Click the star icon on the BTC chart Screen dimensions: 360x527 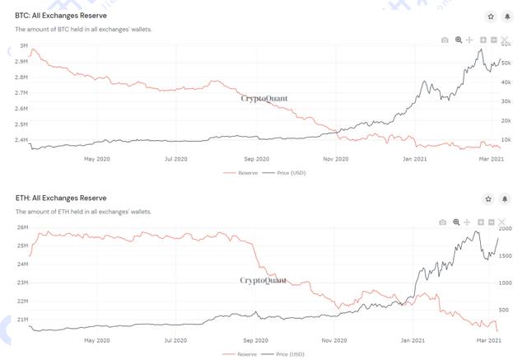pyautogui.click(x=490, y=16)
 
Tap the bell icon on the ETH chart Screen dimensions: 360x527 pyautogui.click(x=505, y=199)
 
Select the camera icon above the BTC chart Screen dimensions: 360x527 pyautogui.click(x=445, y=40)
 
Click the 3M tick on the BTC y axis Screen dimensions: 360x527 pyautogui.click(x=23, y=46)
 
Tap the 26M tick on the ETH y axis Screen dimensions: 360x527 pyautogui.click(x=22, y=227)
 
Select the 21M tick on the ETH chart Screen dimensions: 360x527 pyautogui.click(x=22, y=320)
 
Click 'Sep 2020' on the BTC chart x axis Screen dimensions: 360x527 pyautogui.click(x=257, y=158)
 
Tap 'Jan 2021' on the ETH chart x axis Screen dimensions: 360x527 pyautogui.click(x=413, y=339)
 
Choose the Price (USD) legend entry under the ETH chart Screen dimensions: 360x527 pyautogui.click(x=283, y=353)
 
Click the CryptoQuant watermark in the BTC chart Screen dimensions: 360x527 pyautogui.click(x=263, y=98)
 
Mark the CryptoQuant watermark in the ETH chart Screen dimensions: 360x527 pyautogui.click(x=263, y=280)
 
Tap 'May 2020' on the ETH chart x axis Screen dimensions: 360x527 pyautogui.click(x=97, y=339)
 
